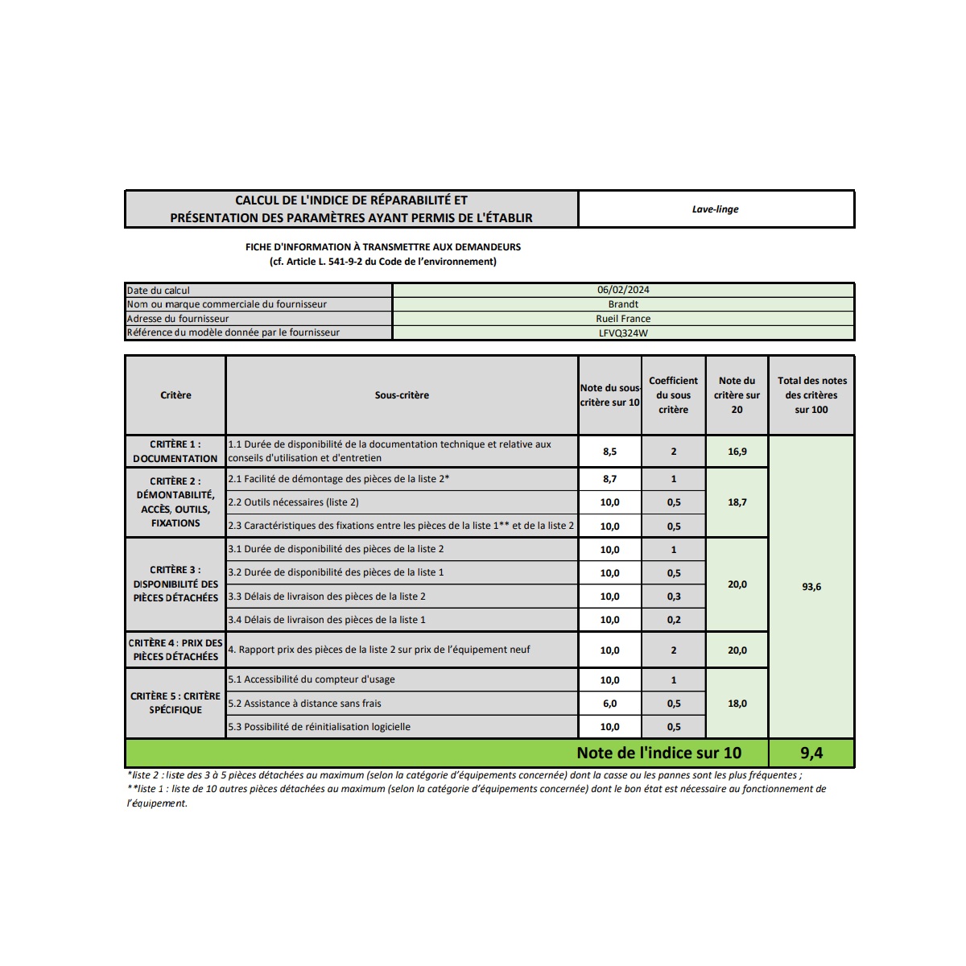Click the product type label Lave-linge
click(715, 209)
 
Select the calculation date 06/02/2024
click(623, 290)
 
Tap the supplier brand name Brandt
click(623, 304)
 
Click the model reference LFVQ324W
click(623, 333)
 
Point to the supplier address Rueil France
click(623, 319)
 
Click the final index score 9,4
click(811, 753)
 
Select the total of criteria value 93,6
click(811, 587)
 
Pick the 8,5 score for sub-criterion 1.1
click(609, 452)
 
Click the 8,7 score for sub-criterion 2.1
click(609, 479)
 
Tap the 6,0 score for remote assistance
click(609, 704)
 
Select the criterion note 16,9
click(737, 452)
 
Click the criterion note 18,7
click(737, 502)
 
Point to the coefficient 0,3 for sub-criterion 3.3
click(674, 597)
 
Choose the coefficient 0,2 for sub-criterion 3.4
click(674, 620)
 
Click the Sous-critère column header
click(402, 395)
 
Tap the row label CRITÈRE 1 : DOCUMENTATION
click(175, 452)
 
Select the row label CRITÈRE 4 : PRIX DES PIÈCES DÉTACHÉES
click(175, 650)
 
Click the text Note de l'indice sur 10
click(658, 753)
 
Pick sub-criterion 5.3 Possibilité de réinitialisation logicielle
click(319, 727)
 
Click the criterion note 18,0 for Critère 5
click(737, 704)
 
